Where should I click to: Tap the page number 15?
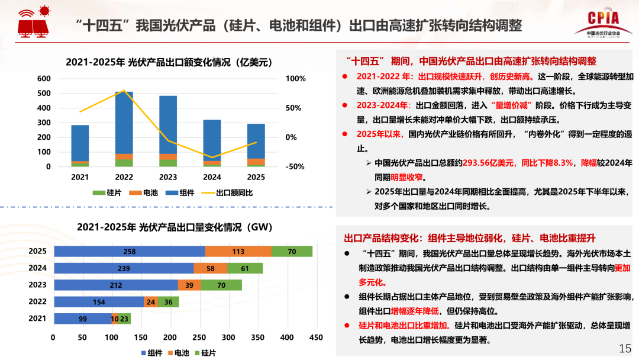(x=625, y=348)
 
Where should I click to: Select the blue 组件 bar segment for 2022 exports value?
(x=124, y=122)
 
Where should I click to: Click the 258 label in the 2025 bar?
(x=130, y=252)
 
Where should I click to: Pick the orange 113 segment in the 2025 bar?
(x=238, y=252)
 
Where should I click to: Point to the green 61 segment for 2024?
(x=245, y=268)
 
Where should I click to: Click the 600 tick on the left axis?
(x=44, y=79)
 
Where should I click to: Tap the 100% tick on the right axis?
(x=295, y=79)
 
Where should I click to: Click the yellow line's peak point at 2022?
(x=124, y=91)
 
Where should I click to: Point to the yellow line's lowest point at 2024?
(x=212, y=157)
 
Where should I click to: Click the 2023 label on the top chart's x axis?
(x=168, y=177)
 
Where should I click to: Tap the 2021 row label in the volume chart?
(x=38, y=319)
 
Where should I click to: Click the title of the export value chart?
(x=168, y=62)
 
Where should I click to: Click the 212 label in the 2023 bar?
(x=116, y=285)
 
